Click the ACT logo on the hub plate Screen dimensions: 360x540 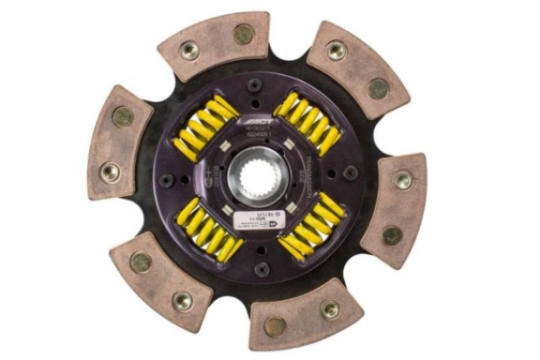pyautogui.click(x=255, y=119)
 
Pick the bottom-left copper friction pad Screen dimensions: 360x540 pyautogui.click(x=161, y=281)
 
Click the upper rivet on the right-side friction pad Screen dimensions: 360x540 pyautogui.click(x=403, y=179)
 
